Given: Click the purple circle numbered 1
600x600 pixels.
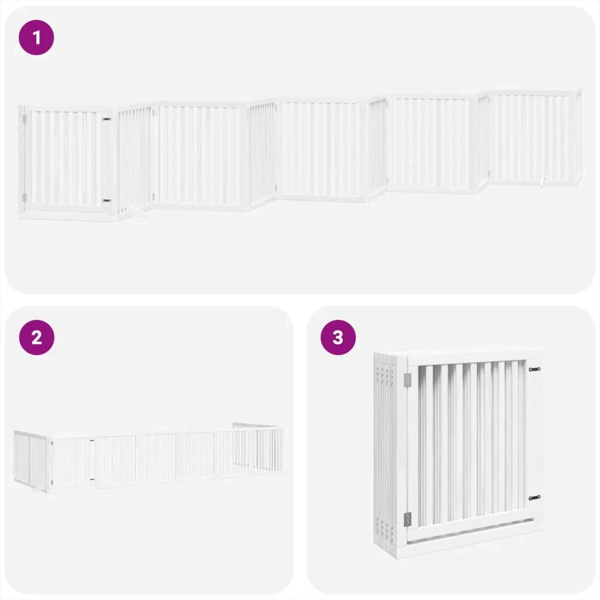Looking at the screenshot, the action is [x=36, y=37].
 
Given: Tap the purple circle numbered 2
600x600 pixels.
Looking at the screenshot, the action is [x=36, y=337].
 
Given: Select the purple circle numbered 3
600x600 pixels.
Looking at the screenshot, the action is [x=338, y=337].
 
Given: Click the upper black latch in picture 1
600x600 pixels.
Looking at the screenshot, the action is [x=107, y=120].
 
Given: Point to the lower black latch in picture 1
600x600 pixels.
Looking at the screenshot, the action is [x=107, y=200].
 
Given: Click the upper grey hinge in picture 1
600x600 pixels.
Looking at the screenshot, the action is [x=25, y=119].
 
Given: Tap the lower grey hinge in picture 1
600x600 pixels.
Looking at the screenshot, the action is [x=25, y=197].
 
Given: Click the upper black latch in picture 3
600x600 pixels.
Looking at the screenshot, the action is [x=534, y=369].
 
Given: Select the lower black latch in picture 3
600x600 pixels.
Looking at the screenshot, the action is [x=534, y=498].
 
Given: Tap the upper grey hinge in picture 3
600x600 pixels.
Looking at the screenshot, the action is [x=408, y=380].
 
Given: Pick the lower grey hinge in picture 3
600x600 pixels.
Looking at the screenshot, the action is [x=408, y=519].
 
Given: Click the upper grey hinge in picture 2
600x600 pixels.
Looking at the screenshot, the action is [x=52, y=443].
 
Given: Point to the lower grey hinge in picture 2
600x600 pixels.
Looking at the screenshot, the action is [x=52, y=482].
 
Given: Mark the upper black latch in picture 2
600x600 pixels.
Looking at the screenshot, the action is [x=92, y=441].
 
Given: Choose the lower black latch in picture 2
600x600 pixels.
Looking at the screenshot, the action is [x=92, y=479].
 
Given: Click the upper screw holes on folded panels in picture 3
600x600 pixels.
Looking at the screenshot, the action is [x=384, y=373].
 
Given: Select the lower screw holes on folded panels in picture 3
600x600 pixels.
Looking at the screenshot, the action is [x=384, y=526].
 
